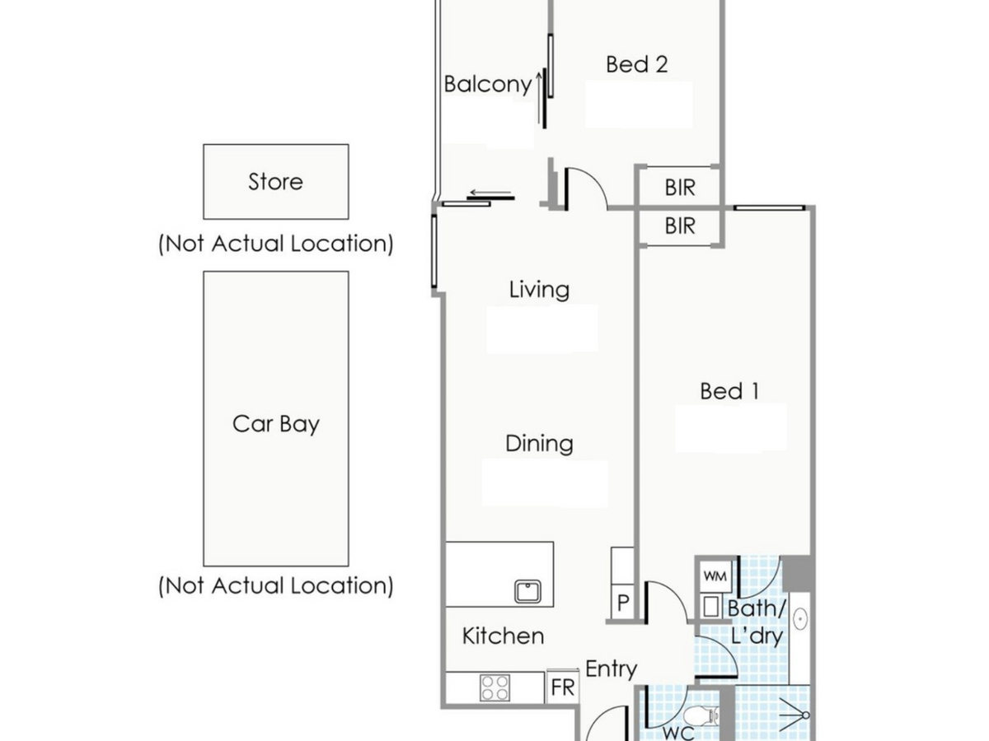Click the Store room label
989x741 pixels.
[x=275, y=182]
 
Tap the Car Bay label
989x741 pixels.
[x=276, y=424]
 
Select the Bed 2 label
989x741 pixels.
[x=636, y=64]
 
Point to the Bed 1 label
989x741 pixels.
[x=729, y=391]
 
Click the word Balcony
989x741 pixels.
[x=488, y=84]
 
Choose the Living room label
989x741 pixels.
[x=539, y=289]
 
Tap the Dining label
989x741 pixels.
[x=539, y=444]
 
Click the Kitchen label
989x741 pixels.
[x=503, y=636]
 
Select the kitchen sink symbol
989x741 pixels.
[x=527, y=591]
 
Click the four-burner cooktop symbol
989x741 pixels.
[x=494, y=687]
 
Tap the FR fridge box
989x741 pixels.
[x=563, y=687]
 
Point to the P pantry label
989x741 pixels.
[x=623, y=602]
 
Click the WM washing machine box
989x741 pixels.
[x=715, y=576]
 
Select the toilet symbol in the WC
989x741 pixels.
[x=701, y=715]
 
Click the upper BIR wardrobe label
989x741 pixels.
[x=680, y=188]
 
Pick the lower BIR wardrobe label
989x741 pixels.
[x=680, y=226]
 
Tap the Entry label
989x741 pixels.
[x=611, y=669]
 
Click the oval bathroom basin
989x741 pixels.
[x=799, y=619]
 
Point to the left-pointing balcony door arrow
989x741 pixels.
[x=490, y=193]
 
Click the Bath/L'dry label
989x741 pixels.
[x=757, y=623]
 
